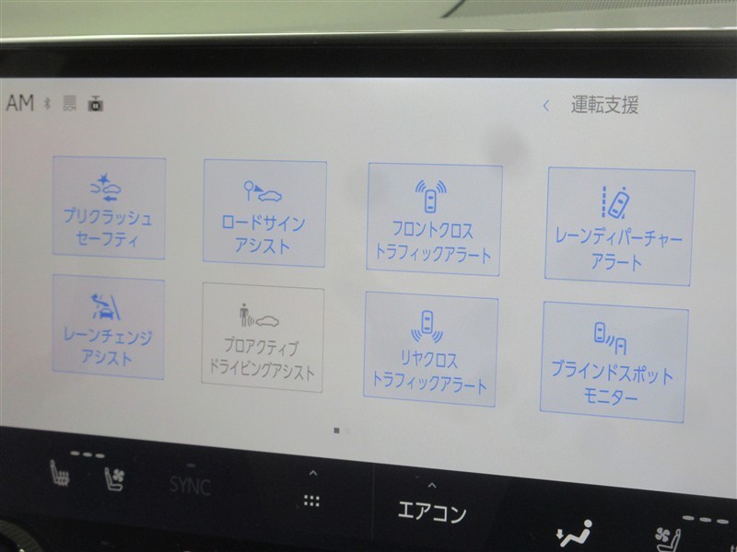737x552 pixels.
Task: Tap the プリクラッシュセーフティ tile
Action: coord(109,208)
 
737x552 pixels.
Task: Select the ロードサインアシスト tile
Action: coord(264,213)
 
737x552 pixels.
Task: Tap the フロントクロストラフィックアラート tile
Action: coord(434,219)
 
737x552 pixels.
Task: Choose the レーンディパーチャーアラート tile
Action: coord(619,226)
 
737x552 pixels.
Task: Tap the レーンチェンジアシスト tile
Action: coord(108,327)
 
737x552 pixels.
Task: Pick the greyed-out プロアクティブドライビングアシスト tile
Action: coord(263,338)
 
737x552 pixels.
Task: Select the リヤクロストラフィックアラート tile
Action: coord(430,349)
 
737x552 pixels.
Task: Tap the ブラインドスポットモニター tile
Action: coord(614,362)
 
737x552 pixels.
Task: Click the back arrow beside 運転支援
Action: coord(545,106)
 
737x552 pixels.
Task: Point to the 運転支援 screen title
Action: coord(604,105)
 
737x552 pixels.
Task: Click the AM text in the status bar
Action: coord(20,102)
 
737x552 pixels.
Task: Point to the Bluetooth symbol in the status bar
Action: coord(47,103)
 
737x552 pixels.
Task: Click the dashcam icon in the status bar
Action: coord(96,103)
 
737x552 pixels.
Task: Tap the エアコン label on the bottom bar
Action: coord(432,512)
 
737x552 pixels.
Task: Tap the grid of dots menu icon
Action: coord(311,500)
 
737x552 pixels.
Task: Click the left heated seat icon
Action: coord(60,473)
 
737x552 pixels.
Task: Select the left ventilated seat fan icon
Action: coord(114,478)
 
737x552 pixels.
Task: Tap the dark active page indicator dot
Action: coord(336,431)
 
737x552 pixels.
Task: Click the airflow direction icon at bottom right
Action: coord(574,534)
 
